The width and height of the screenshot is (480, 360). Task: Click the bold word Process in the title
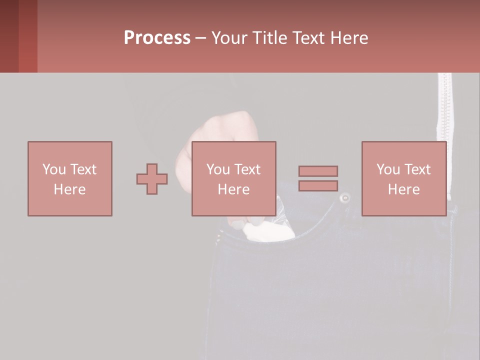click(157, 38)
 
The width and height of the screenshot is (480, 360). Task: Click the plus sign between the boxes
click(152, 178)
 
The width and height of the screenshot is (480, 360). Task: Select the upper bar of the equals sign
click(318, 171)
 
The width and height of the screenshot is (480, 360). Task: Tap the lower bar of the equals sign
click(318, 185)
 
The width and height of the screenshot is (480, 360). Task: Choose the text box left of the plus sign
click(70, 178)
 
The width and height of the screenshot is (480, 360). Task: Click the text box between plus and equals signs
click(234, 178)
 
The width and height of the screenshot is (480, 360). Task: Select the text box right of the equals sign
click(404, 178)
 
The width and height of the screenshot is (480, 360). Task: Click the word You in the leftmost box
click(54, 169)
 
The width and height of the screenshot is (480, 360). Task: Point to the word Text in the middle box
click(247, 169)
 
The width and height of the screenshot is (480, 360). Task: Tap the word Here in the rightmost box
click(404, 189)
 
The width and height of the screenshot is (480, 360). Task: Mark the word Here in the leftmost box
click(70, 189)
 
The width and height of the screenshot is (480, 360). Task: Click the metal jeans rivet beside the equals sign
click(344, 198)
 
